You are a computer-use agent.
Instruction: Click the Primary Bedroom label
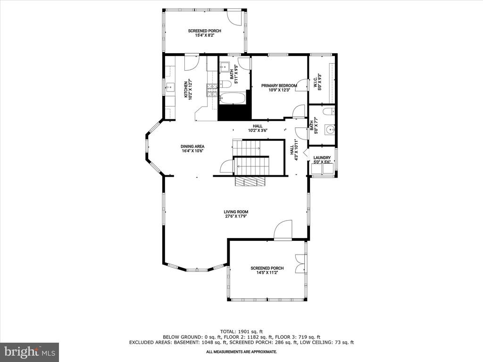point(279,88)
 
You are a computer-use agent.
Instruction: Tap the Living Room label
point(236,214)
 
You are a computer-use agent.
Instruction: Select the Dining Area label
point(192,148)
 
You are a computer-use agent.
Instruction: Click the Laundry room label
point(322,160)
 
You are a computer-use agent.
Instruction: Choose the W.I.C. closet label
point(317,82)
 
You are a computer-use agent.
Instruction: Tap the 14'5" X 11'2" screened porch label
point(267,270)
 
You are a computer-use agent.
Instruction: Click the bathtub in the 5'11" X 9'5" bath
point(233,98)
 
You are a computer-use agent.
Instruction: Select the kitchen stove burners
point(212,90)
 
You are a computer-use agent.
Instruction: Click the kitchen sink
point(170,88)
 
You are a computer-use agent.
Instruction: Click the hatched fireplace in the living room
point(250,181)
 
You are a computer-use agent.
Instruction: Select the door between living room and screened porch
point(283,230)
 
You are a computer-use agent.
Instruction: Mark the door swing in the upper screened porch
point(235,18)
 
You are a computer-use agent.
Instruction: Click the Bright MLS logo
point(30,352)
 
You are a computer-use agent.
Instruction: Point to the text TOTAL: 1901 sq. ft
point(241,331)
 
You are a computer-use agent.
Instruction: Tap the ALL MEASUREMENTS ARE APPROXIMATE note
point(241,352)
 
